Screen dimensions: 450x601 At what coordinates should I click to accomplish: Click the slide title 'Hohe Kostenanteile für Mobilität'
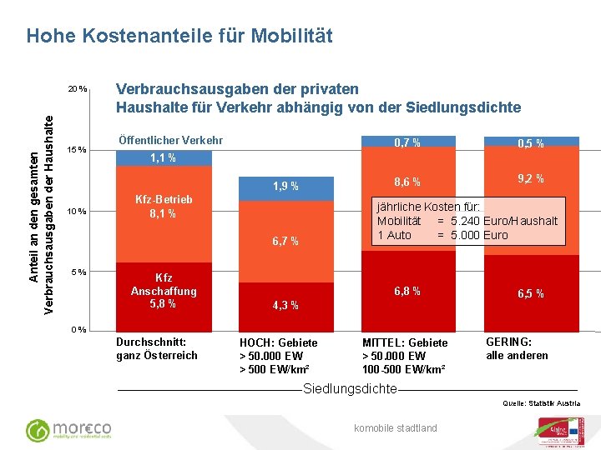(179, 36)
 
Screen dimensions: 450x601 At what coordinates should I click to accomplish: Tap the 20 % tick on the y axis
(78, 89)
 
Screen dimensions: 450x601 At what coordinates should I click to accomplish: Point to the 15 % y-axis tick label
(77, 150)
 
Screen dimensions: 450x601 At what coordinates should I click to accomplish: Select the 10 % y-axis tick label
(77, 211)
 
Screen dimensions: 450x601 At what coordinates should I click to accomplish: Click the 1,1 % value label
(163, 157)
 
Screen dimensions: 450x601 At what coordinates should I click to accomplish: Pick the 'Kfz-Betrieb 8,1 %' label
(164, 207)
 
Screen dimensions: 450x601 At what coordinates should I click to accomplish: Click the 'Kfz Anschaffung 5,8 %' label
(164, 291)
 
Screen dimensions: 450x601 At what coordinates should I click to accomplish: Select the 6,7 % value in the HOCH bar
(285, 242)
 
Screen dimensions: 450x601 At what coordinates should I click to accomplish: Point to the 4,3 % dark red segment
(285, 305)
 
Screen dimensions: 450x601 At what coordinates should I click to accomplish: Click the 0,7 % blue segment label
(407, 142)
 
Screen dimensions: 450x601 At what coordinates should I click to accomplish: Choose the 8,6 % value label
(407, 182)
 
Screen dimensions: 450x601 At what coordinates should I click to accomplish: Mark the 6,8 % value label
(407, 291)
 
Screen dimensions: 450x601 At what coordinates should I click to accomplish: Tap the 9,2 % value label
(531, 178)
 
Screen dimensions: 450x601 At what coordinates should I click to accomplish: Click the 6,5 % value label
(531, 293)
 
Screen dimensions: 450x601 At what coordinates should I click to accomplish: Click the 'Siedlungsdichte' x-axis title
(350, 389)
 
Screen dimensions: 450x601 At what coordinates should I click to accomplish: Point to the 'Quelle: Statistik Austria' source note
(541, 403)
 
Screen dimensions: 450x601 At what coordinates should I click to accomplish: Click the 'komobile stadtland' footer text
(396, 428)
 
